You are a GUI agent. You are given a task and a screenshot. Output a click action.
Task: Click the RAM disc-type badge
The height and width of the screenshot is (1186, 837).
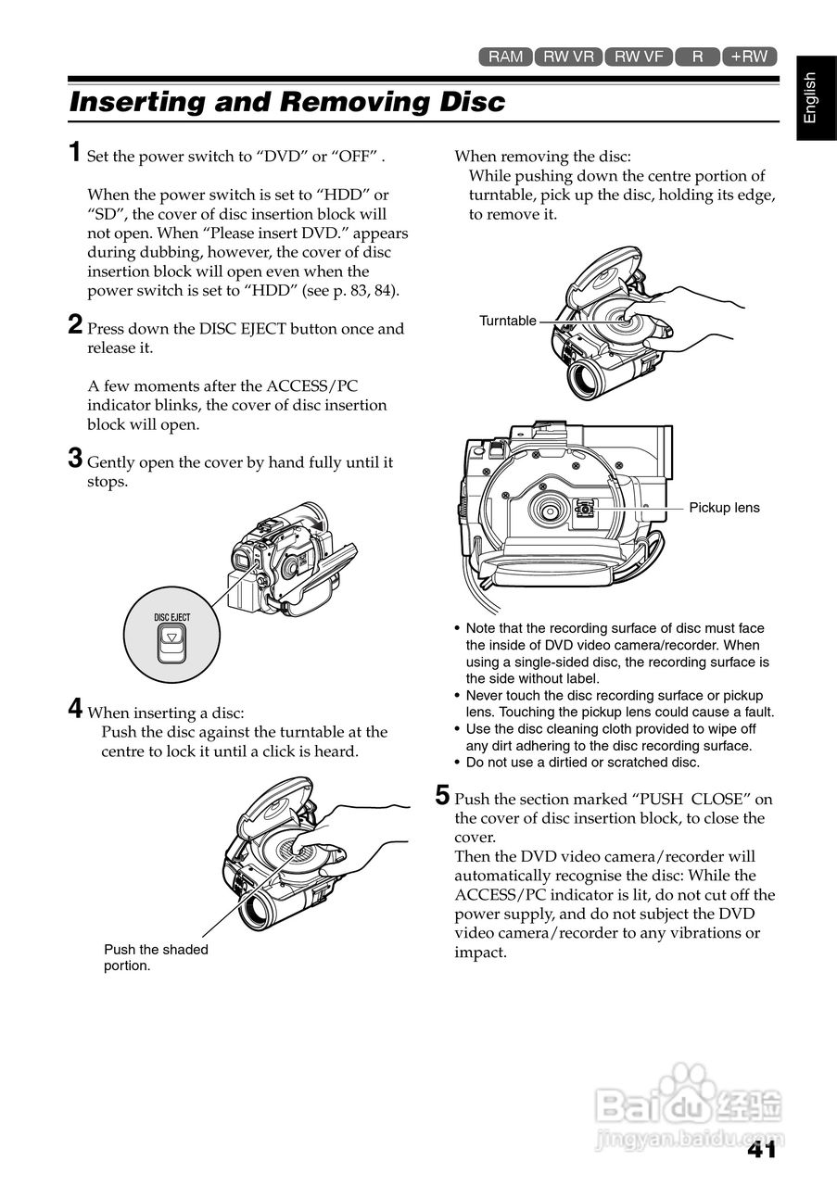pos(505,57)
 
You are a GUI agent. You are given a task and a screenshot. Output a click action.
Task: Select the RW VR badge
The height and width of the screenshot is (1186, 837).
pos(568,57)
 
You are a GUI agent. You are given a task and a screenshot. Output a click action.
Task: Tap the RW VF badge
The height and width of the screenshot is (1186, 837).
pos(639,57)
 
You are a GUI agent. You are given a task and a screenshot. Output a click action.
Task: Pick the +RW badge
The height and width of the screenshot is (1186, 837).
pos(750,57)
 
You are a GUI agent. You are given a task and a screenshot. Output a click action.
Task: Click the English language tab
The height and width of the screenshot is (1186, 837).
pos(817,98)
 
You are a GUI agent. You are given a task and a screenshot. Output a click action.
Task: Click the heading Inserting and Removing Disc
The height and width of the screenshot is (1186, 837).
pos(287,102)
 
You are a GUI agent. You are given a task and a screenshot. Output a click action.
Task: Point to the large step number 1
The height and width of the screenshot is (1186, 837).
pos(75,152)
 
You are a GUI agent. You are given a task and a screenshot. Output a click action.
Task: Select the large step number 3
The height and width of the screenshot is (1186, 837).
pos(75,458)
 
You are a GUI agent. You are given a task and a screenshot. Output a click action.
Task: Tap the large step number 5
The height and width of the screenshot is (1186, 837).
pos(442,795)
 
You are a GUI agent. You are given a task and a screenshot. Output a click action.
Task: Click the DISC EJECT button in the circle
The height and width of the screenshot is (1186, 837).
pos(171,643)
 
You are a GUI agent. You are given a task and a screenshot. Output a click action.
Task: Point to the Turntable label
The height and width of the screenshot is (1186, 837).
pos(508,321)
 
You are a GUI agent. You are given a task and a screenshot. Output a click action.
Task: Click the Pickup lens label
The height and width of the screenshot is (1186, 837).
pos(724,508)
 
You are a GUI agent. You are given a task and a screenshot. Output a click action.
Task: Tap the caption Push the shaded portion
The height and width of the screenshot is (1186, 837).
pos(156,957)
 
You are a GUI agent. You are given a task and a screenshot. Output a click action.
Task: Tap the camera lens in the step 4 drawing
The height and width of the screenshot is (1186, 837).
pos(260,911)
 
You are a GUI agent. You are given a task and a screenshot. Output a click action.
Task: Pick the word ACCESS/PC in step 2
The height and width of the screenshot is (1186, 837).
pos(311,386)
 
